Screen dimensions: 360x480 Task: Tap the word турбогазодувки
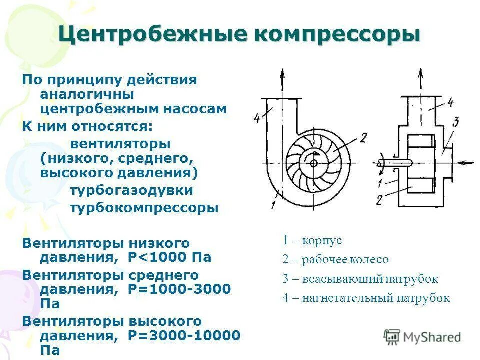pyautogui.click(x=131, y=190)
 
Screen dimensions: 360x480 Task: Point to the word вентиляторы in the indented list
pyautogui.click(x=120, y=144)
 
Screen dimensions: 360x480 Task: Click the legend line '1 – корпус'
pyautogui.click(x=312, y=240)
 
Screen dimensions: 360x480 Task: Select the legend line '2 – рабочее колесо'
pyautogui.click(x=335, y=259)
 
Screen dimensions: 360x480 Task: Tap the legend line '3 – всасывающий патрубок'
pyautogui.click(x=360, y=279)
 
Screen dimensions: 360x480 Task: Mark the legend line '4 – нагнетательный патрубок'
pyautogui.click(x=366, y=298)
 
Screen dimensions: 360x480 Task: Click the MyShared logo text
pyautogui.click(x=431, y=337)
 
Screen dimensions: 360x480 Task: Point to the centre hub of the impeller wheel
pyautogui.click(x=313, y=162)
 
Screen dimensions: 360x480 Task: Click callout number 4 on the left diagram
pyautogui.click(x=257, y=118)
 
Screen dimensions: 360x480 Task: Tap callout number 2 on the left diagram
pyautogui.click(x=363, y=137)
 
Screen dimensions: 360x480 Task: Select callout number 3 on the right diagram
pyautogui.click(x=455, y=121)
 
